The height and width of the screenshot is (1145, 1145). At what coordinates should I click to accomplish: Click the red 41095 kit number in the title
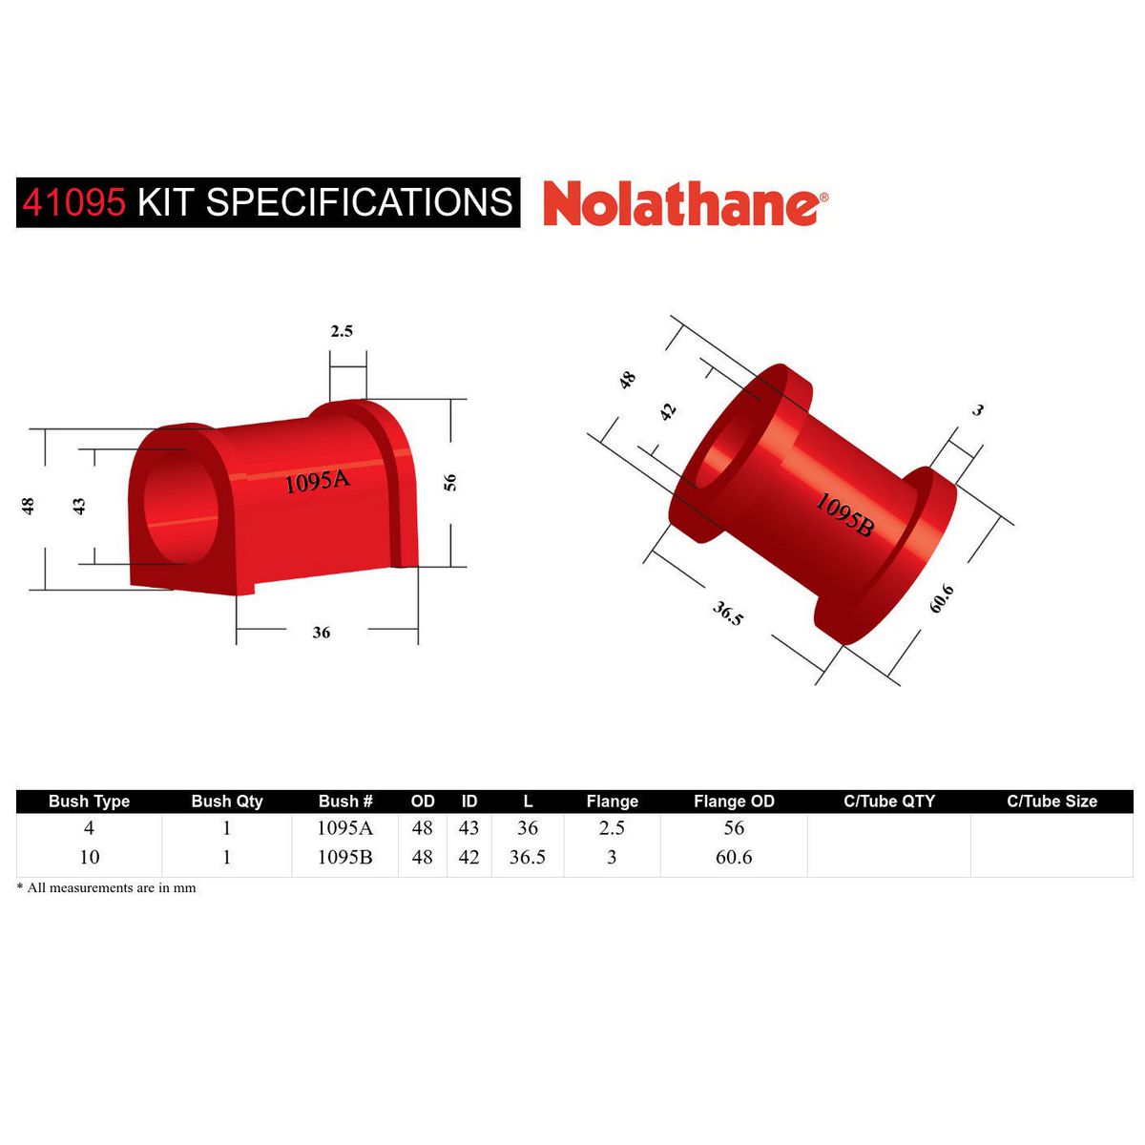click(73, 203)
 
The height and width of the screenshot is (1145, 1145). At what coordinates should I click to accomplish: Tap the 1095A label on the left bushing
click(318, 482)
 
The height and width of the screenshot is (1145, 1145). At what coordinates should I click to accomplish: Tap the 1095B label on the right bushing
click(843, 515)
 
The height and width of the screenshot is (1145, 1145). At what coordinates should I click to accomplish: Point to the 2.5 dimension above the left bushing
click(342, 331)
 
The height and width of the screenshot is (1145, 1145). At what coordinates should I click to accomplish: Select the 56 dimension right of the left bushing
click(450, 482)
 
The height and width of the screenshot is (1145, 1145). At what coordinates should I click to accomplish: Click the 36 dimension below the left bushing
click(322, 633)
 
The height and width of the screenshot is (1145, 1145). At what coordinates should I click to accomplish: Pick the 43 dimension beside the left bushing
click(80, 506)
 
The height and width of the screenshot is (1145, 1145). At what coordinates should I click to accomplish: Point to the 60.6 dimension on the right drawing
click(942, 598)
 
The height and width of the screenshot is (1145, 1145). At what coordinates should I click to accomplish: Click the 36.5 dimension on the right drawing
click(727, 613)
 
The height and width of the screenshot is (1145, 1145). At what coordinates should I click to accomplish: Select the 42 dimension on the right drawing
click(668, 411)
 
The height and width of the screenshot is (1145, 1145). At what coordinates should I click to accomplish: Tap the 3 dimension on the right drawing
click(977, 410)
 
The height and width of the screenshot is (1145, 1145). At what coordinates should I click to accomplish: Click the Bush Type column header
click(89, 801)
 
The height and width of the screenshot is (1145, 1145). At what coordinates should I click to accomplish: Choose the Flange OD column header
click(734, 801)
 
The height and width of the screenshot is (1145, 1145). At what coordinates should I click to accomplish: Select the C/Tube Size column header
click(1051, 801)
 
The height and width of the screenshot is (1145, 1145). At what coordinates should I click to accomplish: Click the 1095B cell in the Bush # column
click(344, 857)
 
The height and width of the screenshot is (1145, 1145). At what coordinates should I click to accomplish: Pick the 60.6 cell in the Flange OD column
click(734, 857)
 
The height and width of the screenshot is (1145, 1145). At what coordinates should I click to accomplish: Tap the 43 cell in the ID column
click(468, 828)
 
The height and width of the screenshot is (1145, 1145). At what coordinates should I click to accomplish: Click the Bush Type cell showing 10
click(89, 857)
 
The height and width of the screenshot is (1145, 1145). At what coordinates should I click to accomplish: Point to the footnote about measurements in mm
click(107, 888)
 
